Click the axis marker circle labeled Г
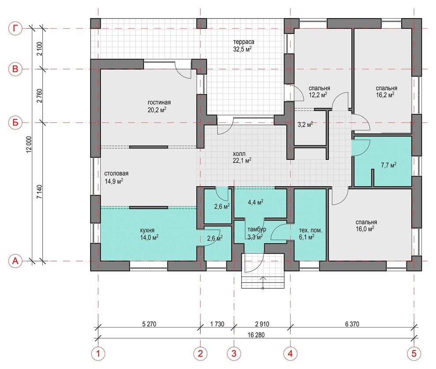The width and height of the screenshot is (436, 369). (x=15, y=29)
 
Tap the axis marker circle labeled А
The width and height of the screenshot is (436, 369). (x=15, y=261)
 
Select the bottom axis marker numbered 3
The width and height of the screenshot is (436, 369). (x=234, y=354)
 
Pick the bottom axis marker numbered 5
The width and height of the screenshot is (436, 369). (x=414, y=354)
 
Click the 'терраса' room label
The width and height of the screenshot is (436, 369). (x=244, y=42)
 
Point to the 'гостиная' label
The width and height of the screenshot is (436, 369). (x=159, y=102)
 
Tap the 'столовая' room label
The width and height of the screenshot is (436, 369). (x=116, y=173)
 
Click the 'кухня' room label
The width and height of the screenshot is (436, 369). (x=147, y=231)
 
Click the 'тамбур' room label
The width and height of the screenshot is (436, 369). (x=257, y=229)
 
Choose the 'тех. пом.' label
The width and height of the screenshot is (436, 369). (x=310, y=231)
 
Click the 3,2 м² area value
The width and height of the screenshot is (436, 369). (x=305, y=125)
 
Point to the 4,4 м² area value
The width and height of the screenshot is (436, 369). (x=255, y=203)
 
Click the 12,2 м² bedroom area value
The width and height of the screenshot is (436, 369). (x=318, y=95)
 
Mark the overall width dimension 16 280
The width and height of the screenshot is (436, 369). (x=256, y=335)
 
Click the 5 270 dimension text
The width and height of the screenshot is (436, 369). (x=149, y=324)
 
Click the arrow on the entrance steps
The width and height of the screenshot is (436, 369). (x=263, y=283)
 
